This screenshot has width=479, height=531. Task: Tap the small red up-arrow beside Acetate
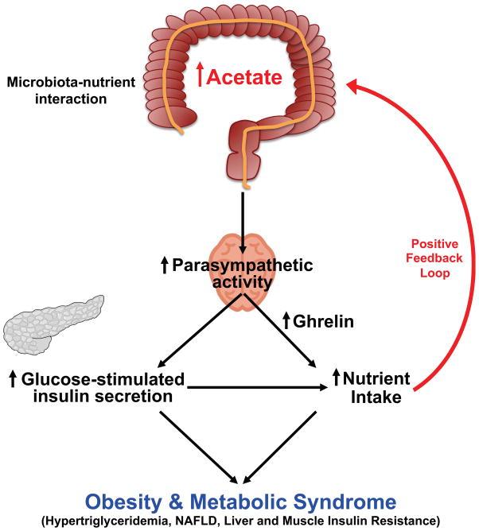[201, 77]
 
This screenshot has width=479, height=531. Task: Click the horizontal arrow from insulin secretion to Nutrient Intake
[255, 387]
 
